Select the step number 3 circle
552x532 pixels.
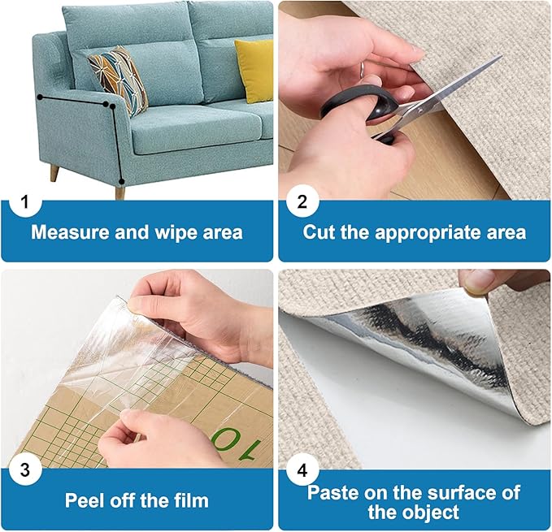coord(26,469)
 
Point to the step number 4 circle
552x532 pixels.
coord(302,469)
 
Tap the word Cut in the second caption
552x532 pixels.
coord(319,232)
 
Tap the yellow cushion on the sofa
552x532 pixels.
coord(254,71)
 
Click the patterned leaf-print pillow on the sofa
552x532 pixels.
coord(118,79)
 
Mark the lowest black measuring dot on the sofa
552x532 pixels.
coord(121,181)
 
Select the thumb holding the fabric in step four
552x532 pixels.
coord(480,281)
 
